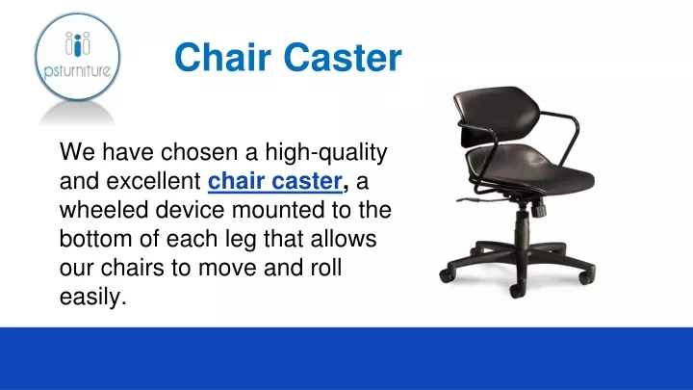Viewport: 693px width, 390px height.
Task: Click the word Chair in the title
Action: click(222, 57)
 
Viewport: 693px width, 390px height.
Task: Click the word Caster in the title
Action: click(343, 57)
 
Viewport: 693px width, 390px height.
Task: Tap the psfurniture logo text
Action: click(77, 70)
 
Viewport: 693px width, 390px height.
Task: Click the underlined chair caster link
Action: click(275, 181)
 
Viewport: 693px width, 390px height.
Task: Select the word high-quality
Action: click(326, 153)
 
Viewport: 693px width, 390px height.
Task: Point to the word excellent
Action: click(153, 181)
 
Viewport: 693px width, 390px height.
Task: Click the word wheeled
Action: click(104, 210)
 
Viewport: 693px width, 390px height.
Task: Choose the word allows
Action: click(344, 239)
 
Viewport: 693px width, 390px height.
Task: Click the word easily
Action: click(93, 298)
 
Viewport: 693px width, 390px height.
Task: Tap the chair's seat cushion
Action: click(530, 170)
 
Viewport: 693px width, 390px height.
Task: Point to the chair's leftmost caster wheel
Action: click(447, 274)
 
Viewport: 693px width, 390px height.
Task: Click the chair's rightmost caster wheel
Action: click(588, 276)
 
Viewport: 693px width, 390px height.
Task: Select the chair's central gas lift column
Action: click(523, 225)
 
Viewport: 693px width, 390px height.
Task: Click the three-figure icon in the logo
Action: click(77, 43)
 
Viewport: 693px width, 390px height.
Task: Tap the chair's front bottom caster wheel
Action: click(518, 290)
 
